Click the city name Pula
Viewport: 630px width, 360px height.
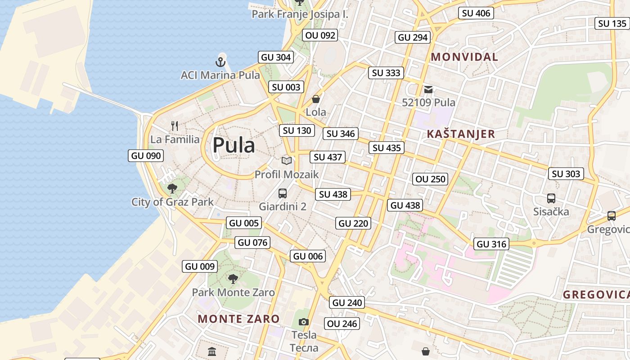tap(234, 145)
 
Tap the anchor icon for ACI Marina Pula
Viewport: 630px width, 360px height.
tap(220, 62)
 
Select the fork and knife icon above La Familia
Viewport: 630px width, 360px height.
tap(175, 126)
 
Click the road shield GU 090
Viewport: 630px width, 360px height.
tap(146, 156)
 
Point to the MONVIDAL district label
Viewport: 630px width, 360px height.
tap(464, 57)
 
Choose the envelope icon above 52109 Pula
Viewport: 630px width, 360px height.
tap(428, 89)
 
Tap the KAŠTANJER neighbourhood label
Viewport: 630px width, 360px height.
tap(461, 134)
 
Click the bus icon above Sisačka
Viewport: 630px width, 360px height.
tap(551, 198)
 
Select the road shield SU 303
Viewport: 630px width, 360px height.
tap(566, 174)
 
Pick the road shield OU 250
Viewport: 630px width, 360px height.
tap(430, 179)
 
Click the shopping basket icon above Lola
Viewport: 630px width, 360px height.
tap(316, 99)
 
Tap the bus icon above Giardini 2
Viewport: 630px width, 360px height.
tap(283, 193)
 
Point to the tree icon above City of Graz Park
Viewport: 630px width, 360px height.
tap(172, 189)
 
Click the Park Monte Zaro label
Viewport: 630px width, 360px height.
tap(233, 292)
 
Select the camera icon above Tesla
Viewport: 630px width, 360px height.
tap(304, 322)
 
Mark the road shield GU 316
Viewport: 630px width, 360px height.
tap(491, 244)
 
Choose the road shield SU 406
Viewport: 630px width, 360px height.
tap(476, 13)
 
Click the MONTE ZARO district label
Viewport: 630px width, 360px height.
tap(238, 319)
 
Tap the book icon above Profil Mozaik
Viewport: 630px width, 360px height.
tap(287, 161)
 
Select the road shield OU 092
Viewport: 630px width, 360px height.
tap(320, 35)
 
